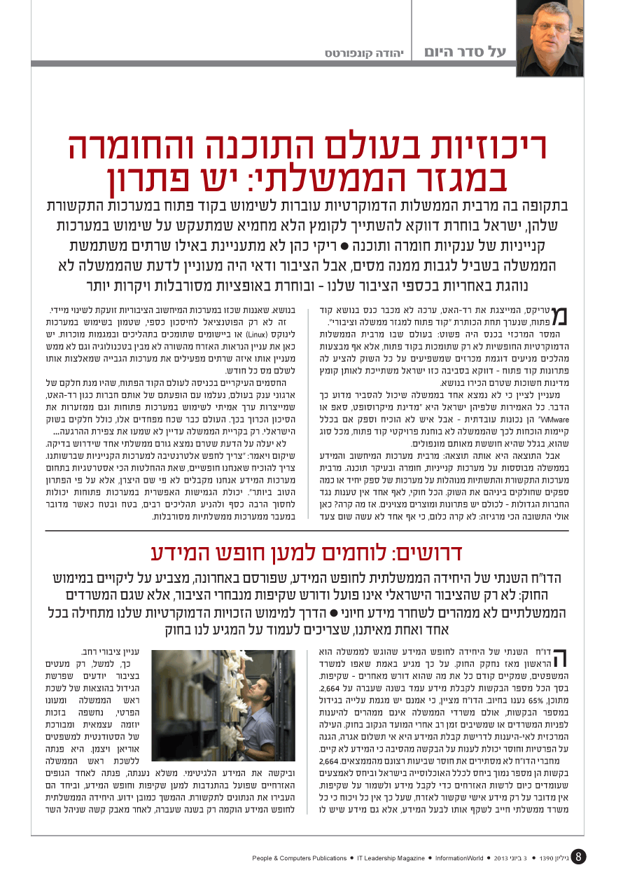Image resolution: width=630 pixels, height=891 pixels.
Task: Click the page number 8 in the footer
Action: tap(578, 857)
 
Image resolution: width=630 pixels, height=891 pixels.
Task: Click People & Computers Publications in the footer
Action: tap(300, 857)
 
